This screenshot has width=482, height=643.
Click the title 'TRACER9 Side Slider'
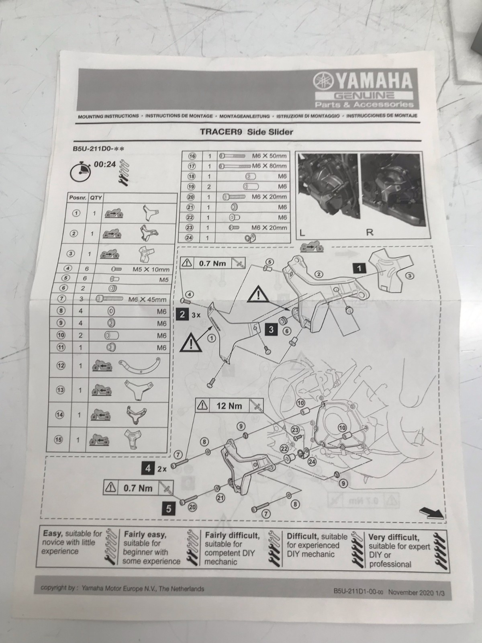pos(246,132)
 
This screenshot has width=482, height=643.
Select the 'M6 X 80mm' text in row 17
pos(269,166)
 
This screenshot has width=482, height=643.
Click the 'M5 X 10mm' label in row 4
pos(151,270)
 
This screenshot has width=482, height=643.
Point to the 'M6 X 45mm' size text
pos(147,299)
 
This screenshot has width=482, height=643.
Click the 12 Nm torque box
pos(229,406)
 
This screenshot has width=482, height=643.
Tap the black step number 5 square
pos(168,509)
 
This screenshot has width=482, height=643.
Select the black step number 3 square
pos(271,330)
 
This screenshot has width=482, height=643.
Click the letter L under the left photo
pos(302,233)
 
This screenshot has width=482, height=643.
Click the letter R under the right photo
pos(370,233)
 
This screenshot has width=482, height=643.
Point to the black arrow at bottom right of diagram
pos(432,513)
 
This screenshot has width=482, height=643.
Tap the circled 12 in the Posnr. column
pos(61,366)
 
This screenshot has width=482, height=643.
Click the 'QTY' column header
pos(96,198)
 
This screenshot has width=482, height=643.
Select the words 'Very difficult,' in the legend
pos(394,538)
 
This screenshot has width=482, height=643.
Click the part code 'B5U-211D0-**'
pos(98,149)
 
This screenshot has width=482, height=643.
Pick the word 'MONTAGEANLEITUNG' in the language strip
pos(244,116)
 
